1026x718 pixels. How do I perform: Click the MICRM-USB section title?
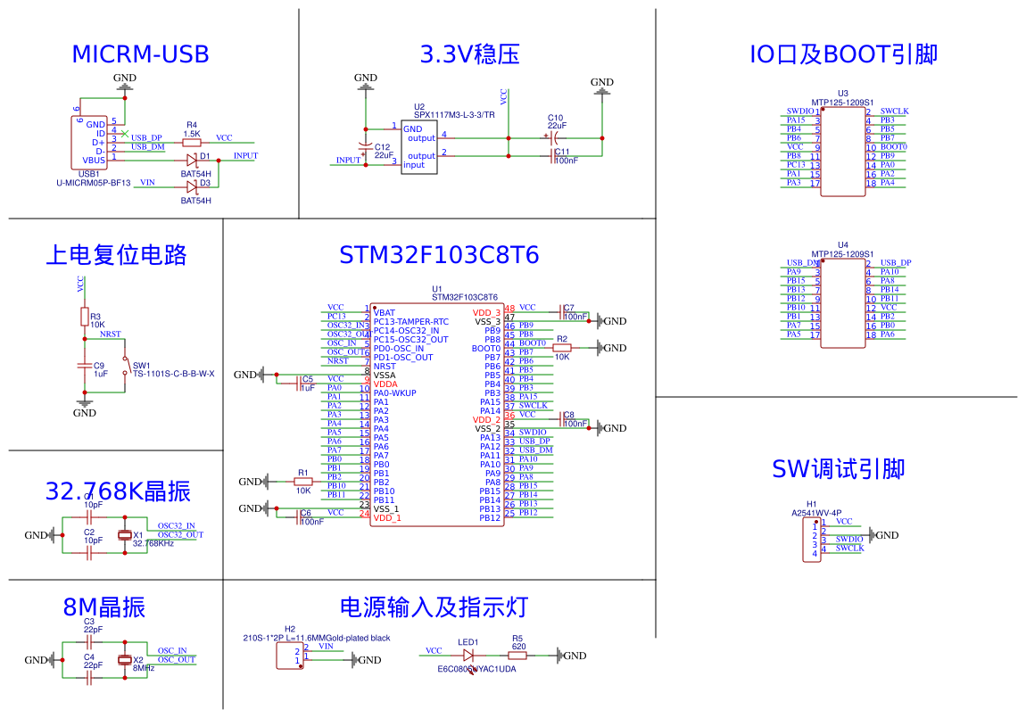(140, 54)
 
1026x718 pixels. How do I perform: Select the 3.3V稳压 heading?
(469, 54)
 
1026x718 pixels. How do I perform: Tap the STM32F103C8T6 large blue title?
(439, 255)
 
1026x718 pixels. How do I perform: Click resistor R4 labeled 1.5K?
(191, 143)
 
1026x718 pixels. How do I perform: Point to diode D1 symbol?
(192, 161)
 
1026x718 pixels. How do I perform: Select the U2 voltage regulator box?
(418, 148)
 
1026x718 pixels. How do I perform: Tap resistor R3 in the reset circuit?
(84, 318)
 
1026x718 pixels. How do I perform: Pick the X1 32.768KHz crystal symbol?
(125, 535)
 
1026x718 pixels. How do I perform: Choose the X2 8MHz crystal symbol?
(125, 660)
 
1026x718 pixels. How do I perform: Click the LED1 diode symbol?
(468, 656)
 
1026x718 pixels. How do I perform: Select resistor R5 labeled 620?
(517, 656)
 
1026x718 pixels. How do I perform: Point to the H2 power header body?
(289, 656)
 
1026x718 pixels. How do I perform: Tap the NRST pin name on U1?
(385, 367)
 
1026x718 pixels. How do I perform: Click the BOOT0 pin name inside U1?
(486, 349)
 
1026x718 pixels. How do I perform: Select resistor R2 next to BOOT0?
(562, 349)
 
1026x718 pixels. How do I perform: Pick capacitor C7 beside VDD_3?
(564, 312)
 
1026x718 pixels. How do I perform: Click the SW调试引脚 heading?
(838, 469)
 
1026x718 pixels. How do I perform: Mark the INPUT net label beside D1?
(245, 156)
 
